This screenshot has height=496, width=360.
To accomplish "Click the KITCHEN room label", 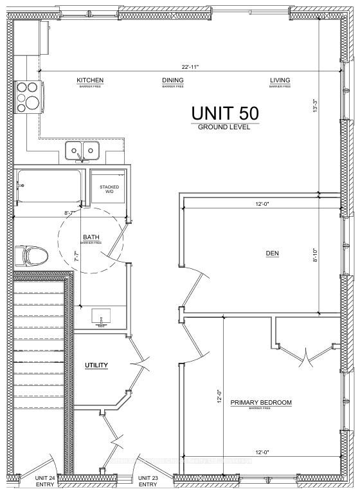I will pyautogui.click(x=90, y=80).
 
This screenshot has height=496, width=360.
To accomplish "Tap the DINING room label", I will pyautogui.click(x=172, y=80).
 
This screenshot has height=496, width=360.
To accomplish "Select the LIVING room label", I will pyautogui.click(x=280, y=80).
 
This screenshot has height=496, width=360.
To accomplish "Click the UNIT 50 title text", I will pyautogui.click(x=225, y=113).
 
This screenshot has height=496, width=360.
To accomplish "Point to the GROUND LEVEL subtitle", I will pyautogui.click(x=224, y=127).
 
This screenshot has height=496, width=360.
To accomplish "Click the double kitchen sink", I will pyautogui.click(x=82, y=152).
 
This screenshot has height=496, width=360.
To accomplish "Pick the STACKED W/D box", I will pyautogui.click(x=109, y=188).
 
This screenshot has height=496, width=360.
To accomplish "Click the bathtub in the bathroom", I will pyautogui.click(x=49, y=187).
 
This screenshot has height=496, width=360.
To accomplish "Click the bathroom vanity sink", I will pyautogui.click(x=102, y=317).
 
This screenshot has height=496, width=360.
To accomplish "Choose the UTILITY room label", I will pyautogui.click(x=96, y=365).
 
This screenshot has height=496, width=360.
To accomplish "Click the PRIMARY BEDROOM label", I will pyautogui.click(x=261, y=403).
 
